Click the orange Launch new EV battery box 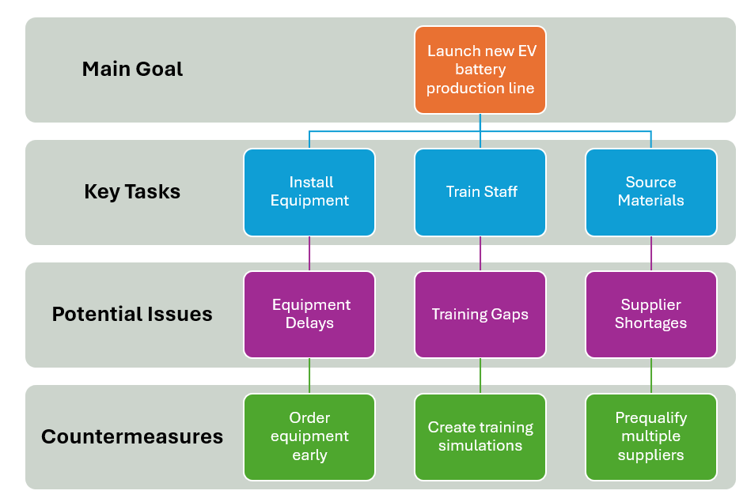tap(480, 70)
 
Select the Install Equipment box tap(309, 192)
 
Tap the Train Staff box tap(480, 192)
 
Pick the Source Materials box tap(650, 192)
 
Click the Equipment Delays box tap(309, 314)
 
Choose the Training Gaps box tap(480, 314)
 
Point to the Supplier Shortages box tap(650, 314)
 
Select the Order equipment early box tap(309, 436)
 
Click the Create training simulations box tap(480, 436)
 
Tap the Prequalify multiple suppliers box tap(650, 436)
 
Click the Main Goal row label tap(132, 70)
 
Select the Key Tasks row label tap(132, 192)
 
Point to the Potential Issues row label tap(132, 314)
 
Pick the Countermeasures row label tap(132, 436)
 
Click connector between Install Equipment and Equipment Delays tap(309, 254)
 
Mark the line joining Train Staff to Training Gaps tap(480, 254)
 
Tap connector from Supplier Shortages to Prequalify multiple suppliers tap(651, 376)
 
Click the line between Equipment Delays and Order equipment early tap(309, 376)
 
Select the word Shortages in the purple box tap(650, 323)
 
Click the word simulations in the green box tap(480, 446)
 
